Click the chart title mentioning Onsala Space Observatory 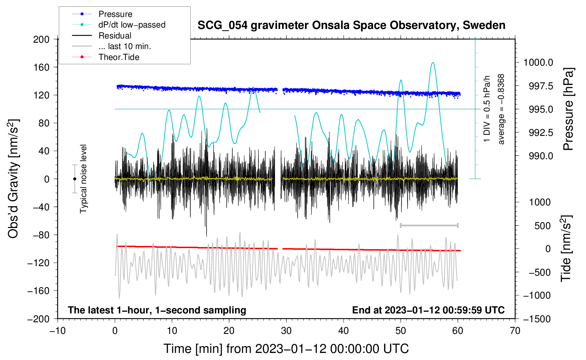point(351,25)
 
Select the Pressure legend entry point(115,14)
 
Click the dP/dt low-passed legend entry point(132,25)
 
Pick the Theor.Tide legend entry point(119,57)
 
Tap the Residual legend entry point(115,36)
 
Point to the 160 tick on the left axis point(41,67)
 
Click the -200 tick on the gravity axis point(39,319)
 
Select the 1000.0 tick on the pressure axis point(538,62)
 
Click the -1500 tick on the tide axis point(537,319)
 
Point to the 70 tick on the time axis point(515,331)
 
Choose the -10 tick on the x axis point(58,331)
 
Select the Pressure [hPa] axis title point(568,109)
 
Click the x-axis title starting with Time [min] point(286,349)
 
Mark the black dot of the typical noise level point(74,179)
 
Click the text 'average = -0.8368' point(501,109)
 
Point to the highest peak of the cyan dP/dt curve point(433,63)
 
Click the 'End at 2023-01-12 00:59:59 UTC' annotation point(428,310)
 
